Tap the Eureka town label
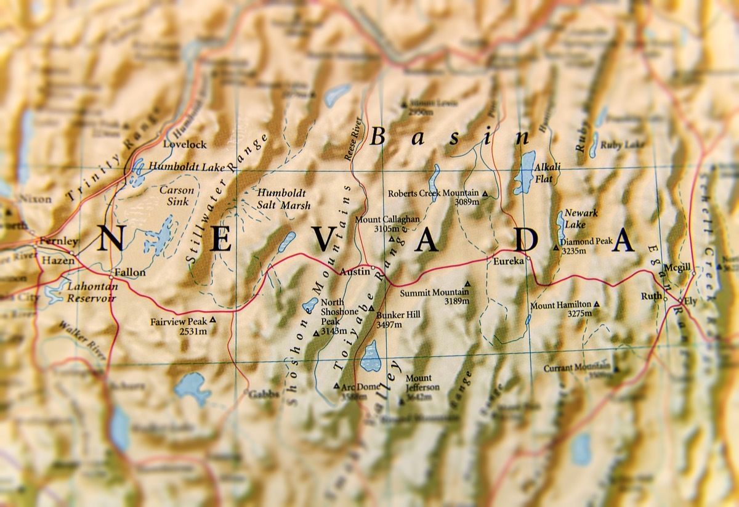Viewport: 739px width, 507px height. (508, 261)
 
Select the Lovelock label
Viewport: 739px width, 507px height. (185, 144)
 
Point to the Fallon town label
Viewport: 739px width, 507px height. (130, 272)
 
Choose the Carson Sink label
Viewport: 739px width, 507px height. (177, 195)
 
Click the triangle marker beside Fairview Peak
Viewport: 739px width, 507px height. (212, 320)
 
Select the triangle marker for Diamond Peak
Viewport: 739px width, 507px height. (556, 248)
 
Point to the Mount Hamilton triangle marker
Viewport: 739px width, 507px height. (596, 304)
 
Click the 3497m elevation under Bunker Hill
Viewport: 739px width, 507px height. (389, 325)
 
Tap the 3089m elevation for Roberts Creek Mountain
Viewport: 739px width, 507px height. (467, 201)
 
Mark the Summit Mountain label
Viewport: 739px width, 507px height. (430, 293)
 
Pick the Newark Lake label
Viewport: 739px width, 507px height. (581, 219)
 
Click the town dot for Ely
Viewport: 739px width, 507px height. (680, 301)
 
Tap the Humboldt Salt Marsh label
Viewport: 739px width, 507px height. (284, 199)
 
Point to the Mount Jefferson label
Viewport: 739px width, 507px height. (422, 383)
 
